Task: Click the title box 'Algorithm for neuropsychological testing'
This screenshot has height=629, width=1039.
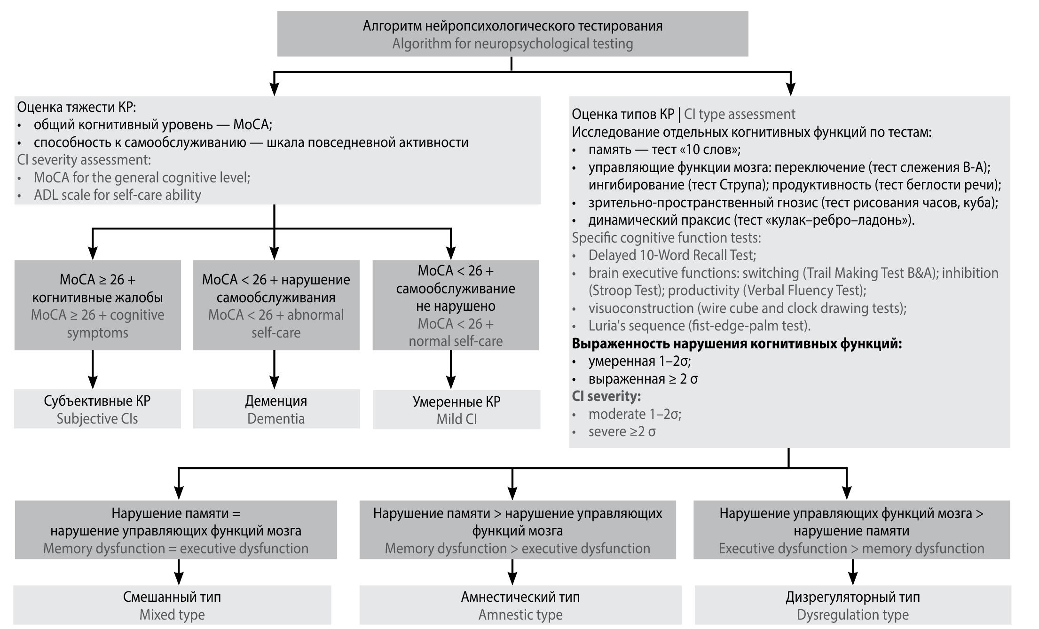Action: tap(512, 34)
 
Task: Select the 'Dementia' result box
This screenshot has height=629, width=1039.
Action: tap(276, 409)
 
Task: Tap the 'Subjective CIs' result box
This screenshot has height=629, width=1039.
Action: tap(97, 409)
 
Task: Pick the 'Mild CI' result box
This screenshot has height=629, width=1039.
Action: tap(457, 410)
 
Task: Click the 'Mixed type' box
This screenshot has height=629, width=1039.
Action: tap(172, 605)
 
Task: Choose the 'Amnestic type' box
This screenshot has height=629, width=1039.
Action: tap(520, 605)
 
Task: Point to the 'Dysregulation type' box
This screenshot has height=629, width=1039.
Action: tap(853, 605)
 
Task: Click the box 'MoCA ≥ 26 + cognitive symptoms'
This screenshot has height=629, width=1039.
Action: tap(97, 306)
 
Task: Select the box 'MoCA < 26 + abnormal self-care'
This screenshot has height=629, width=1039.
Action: tap(276, 306)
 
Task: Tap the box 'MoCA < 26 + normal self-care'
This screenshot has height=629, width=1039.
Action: tap(456, 306)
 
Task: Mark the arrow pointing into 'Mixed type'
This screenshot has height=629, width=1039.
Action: tap(179, 572)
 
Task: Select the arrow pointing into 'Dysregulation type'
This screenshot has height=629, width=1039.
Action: tap(853, 572)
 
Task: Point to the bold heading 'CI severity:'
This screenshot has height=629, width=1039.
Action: tap(606, 396)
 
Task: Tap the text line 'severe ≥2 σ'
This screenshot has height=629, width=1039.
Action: tap(622, 432)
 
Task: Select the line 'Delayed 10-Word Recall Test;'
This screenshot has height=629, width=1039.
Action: tap(672, 255)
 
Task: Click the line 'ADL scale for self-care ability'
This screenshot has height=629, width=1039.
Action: tap(117, 195)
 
